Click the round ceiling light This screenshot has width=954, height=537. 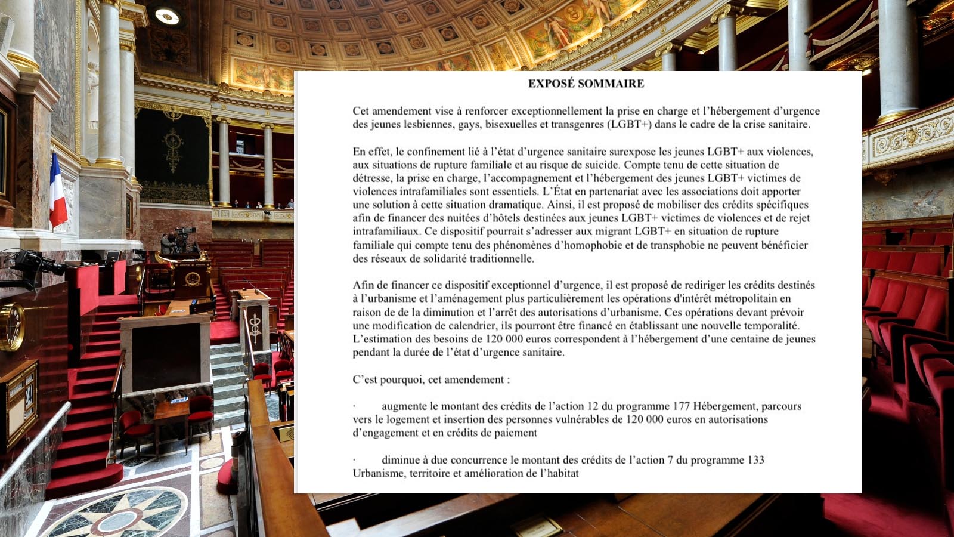(x=167, y=16)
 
